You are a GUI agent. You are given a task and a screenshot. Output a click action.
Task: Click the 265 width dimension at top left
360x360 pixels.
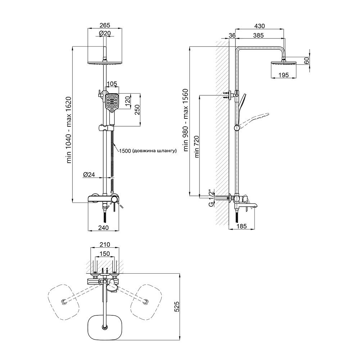pyautogui.click(x=105, y=25)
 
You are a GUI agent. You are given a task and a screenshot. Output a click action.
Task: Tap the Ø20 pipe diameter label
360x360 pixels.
pyautogui.click(x=105, y=33)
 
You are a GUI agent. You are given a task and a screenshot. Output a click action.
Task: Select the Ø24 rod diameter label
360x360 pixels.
pyautogui.click(x=89, y=175)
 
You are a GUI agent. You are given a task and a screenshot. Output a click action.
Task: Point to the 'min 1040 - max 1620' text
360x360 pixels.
pyautogui.click(x=69, y=130)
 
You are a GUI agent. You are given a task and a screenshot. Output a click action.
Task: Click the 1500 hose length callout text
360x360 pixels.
pyautogui.click(x=148, y=151)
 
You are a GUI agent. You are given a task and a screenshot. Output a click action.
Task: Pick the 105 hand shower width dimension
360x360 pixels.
pyautogui.click(x=112, y=84)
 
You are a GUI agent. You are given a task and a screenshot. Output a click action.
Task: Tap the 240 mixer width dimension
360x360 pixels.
pyautogui.click(x=103, y=228)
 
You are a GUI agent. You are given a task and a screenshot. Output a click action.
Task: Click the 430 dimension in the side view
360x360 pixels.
pyautogui.click(x=260, y=26)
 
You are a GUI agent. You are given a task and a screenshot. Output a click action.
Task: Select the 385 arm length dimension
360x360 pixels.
pyautogui.click(x=258, y=35)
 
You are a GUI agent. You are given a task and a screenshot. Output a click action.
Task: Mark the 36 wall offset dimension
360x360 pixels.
pyautogui.click(x=232, y=35)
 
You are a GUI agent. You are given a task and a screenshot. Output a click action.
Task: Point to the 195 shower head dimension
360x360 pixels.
pyautogui.click(x=283, y=75)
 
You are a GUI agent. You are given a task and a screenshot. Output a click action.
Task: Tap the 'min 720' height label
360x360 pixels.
pyautogui.click(x=197, y=147)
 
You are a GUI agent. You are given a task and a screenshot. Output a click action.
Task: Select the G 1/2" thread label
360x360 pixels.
pyautogui.click(x=211, y=198)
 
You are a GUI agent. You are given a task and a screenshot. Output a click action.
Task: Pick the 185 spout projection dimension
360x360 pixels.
pyautogui.click(x=242, y=226)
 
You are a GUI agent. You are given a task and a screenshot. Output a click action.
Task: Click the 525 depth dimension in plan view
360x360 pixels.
pyautogui.click(x=176, y=306)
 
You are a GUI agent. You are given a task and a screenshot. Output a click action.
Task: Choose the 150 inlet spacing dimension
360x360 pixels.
pyautogui.click(x=104, y=254)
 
